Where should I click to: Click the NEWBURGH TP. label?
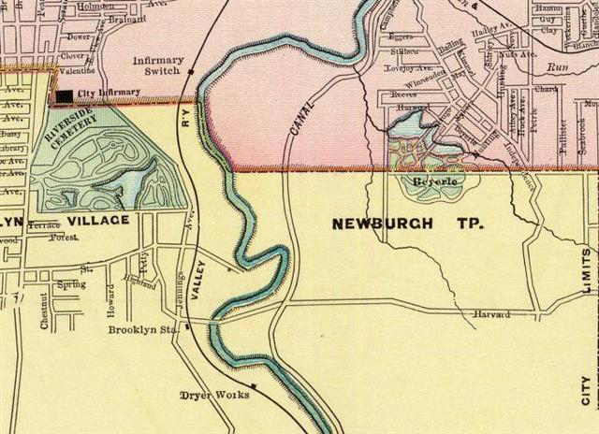click(x=382, y=224)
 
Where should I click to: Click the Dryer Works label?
click(x=214, y=395)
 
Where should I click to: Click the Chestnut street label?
click(x=43, y=310)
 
